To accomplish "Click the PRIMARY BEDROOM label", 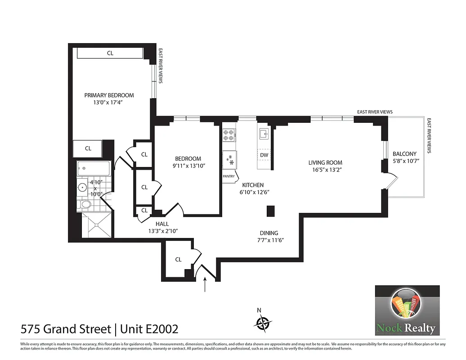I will (x=109, y=95).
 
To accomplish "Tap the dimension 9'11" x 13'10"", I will (x=188, y=166).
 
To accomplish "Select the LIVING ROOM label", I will (x=325, y=162).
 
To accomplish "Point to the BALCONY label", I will (x=404, y=153).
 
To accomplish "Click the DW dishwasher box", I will (x=264, y=155).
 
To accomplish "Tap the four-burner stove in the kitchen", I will (x=229, y=135).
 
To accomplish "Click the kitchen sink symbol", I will (x=264, y=133).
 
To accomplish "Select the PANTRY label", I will (x=229, y=176).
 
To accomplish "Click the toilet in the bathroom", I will (x=84, y=205).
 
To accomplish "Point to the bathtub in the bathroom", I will (x=93, y=170).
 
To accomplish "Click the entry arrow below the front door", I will (x=205, y=285).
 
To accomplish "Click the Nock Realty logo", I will (x=407, y=310).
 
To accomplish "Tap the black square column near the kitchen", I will (x=271, y=211).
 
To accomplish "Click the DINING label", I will (x=269, y=233).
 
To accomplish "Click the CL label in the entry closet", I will (x=178, y=259).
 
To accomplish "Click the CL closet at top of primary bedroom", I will (x=110, y=53).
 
